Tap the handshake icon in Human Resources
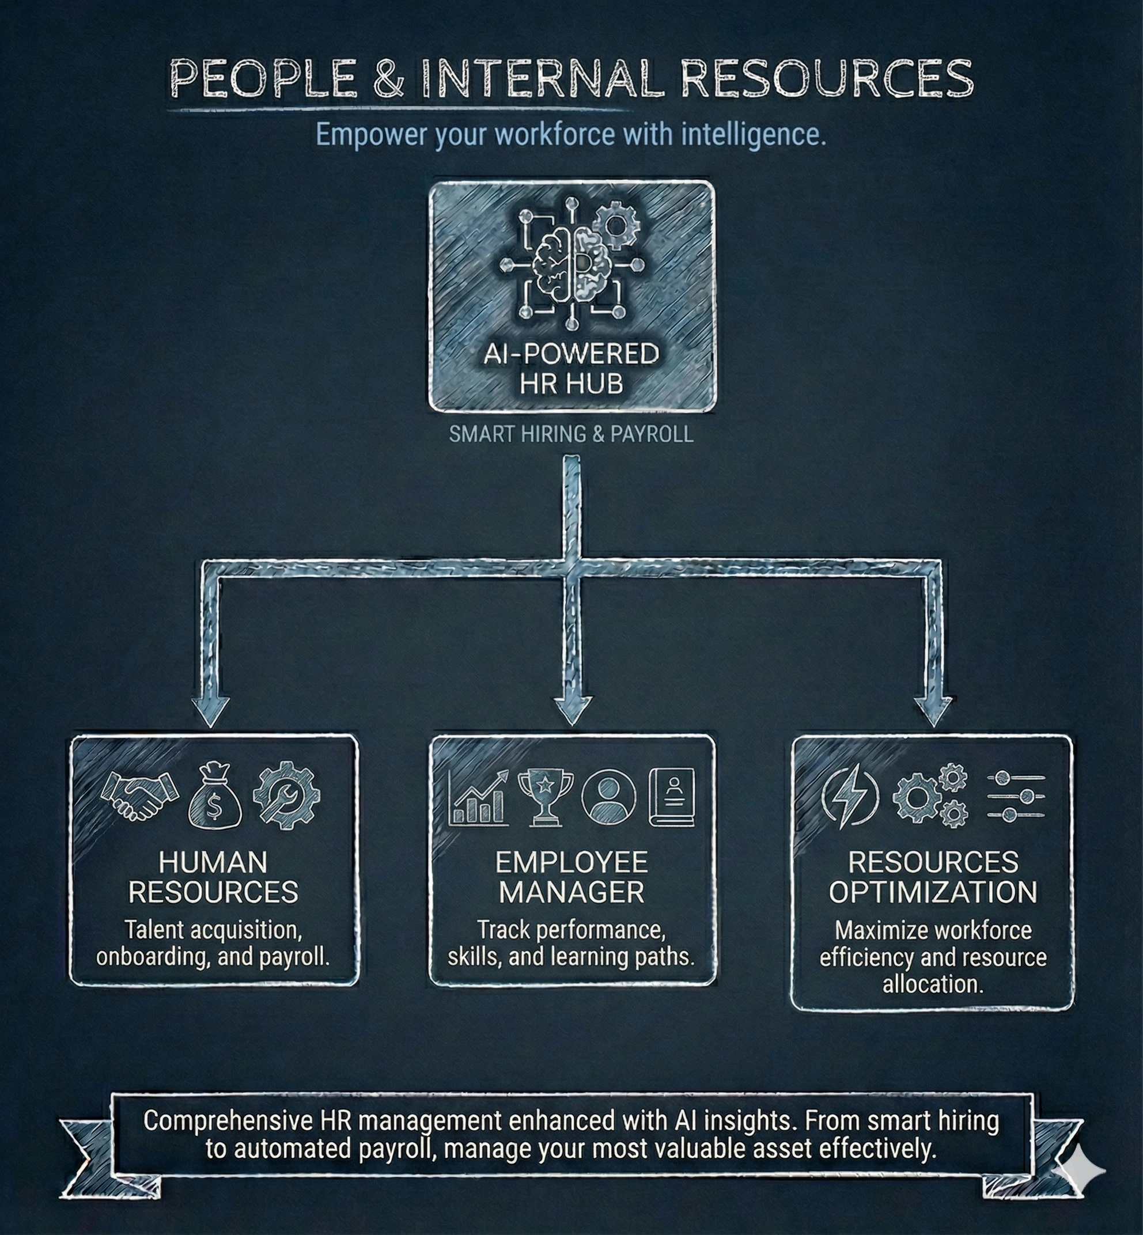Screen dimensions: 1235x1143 (140, 795)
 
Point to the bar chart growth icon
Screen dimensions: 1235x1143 (479, 798)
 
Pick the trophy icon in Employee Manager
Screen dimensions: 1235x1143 (543, 797)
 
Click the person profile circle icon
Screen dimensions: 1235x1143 (608, 797)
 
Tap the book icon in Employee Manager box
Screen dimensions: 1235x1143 (672, 797)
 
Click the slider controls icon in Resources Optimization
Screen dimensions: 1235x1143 (1016, 797)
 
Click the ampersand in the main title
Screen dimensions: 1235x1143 (388, 79)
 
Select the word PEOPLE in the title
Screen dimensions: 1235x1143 (263, 79)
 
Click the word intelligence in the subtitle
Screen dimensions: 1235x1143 (754, 135)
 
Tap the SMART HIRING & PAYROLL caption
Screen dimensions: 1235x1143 (571, 434)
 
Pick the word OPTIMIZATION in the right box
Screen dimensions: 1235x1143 (933, 892)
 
